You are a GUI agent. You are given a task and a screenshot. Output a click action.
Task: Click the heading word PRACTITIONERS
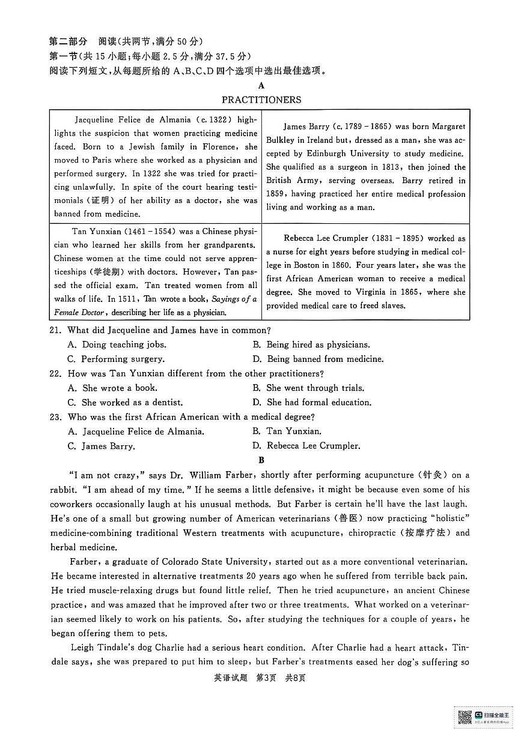tap(261, 100)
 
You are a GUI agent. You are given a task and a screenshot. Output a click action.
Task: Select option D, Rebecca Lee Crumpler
tap(306, 446)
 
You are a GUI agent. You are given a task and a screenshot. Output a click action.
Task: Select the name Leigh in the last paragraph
tap(83, 648)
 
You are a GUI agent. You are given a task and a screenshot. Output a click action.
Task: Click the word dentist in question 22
tap(166, 403)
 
